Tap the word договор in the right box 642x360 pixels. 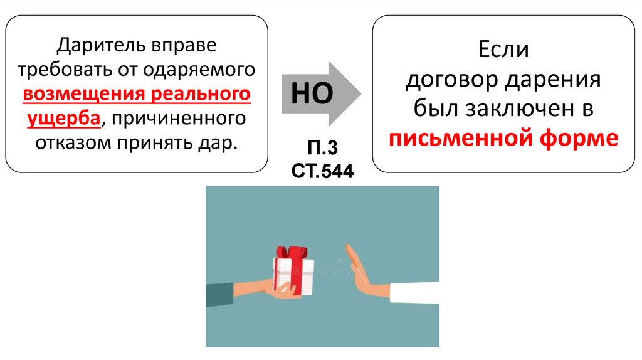pyautogui.click(x=448, y=80)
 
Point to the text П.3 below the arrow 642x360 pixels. pyautogui.click(x=322, y=149)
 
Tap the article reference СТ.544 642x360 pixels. pyautogui.click(x=322, y=170)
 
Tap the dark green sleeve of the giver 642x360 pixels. pyautogui.click(x=221, y=294)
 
